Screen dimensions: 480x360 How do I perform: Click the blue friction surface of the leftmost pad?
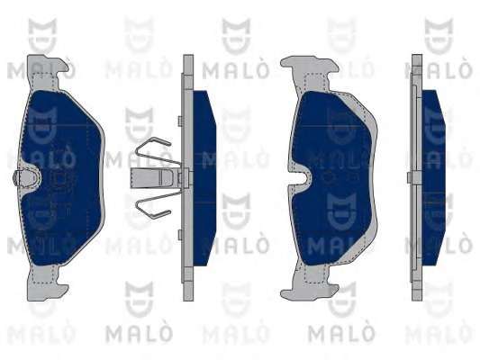pyautogui.click(x=61, y=177)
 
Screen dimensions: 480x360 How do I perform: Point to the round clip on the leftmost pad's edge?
pyautogui.click(x=18, y=178)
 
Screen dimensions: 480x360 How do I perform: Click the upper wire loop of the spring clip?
pyautogui.click(x=155, y=150)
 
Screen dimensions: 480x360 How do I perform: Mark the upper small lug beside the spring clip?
pyautogui.click(x=181, y=121)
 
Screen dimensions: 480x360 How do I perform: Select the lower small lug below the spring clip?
pyautogui.click(x=181, y=235)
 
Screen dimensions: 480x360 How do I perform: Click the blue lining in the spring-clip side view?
pyautogui.click(x=204, y=178)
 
